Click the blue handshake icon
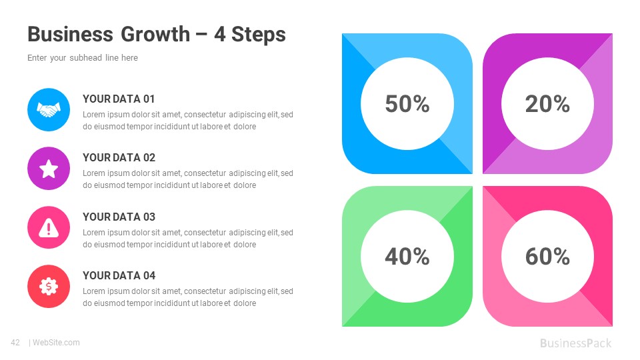49,109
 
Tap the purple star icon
49,169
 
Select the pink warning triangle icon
49,227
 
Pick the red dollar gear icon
49,287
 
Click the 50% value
407,104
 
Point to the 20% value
547,104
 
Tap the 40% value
407,256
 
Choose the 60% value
547,256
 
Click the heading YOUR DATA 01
119,99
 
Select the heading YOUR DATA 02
119,158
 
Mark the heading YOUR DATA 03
119,217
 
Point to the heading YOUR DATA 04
119,276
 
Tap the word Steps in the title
260,35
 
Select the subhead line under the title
83,58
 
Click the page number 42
15,343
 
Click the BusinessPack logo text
575,343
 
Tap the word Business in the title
70,35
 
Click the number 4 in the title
219,35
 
